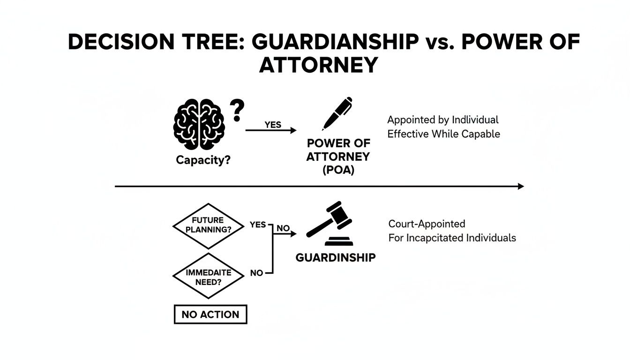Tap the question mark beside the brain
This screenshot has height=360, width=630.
(x=238, y=112)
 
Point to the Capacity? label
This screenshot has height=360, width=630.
(x=203, y=160)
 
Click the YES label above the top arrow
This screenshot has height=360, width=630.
(x=273, y=125)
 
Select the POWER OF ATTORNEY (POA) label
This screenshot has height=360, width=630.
(x=338, y=157)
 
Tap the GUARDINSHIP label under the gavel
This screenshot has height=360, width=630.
(x=335, y=257)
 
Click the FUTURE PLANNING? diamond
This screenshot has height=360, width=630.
(x=208, y=225)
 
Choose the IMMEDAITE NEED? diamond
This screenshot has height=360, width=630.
(x=208, y=276)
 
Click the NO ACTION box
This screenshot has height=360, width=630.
(x=210, y=315)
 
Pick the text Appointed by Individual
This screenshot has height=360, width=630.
(x=442, y=120)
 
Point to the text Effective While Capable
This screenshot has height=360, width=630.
(x=443, y=134)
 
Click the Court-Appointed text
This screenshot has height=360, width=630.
(x=427, y=224)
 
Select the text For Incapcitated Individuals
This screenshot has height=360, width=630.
(x=452, y=238)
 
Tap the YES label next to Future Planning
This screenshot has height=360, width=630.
(x=258, y=225)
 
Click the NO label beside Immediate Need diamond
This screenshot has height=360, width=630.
(x=256, y=273)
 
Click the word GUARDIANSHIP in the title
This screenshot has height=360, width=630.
(x=335, y=42)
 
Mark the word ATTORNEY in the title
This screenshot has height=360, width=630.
(x=318, y=65)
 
